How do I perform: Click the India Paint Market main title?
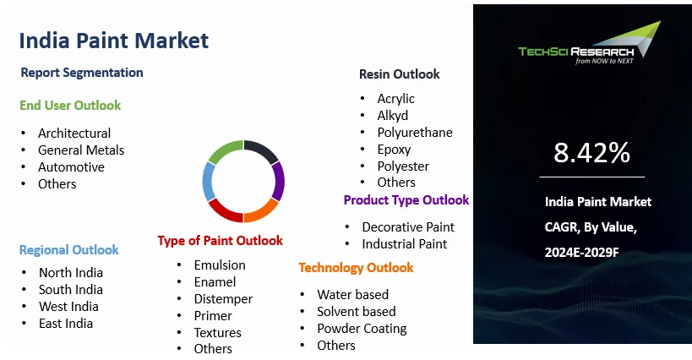[x=113, y=40]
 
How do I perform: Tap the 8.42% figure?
[x=591, y=153]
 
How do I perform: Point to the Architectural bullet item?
[x=74, y=133]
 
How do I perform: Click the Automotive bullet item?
[x=71, y=166]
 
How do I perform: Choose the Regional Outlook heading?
[x=69, y=249]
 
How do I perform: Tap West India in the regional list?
[x=68, y=306]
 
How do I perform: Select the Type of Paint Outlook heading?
[x=220, y=241]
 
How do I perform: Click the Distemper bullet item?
[x=223, y=298]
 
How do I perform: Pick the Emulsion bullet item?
[x=220, y=265]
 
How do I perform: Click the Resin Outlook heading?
[x=399, y=74]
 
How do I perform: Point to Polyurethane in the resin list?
[x=415, y=132]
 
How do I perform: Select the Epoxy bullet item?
[x=394, y=149]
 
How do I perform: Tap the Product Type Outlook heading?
[x=406, y=200]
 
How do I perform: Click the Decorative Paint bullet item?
[x=408, y=226]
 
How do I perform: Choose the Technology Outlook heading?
[x=356, y=267]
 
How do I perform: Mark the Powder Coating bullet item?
[x=362, y=328]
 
